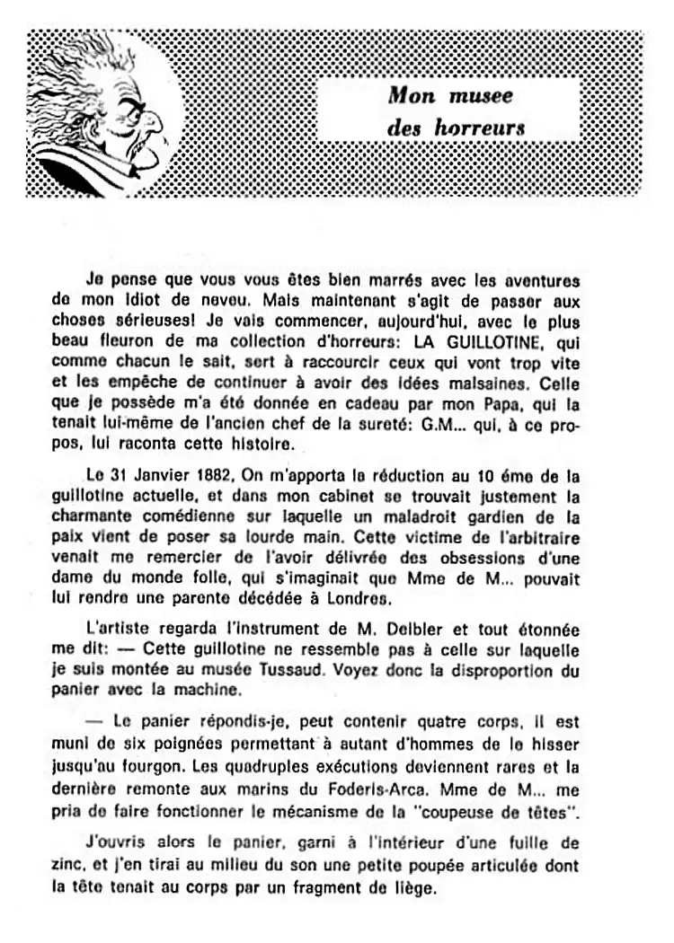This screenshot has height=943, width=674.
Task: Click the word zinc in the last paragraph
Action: pyautogui.click(x=68, y=868)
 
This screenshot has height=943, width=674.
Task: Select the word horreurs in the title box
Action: pyautogui.click(x=480, y=128)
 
